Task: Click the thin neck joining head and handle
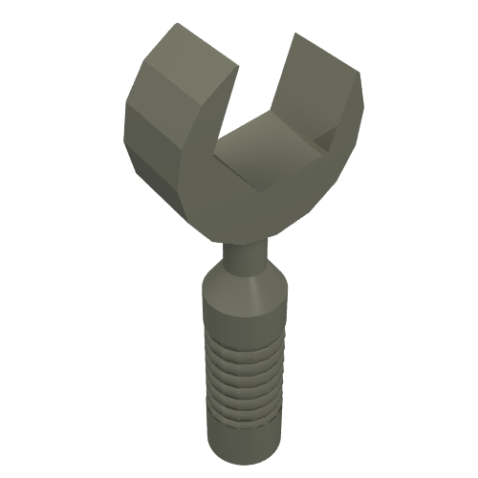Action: tap(245, 256)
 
